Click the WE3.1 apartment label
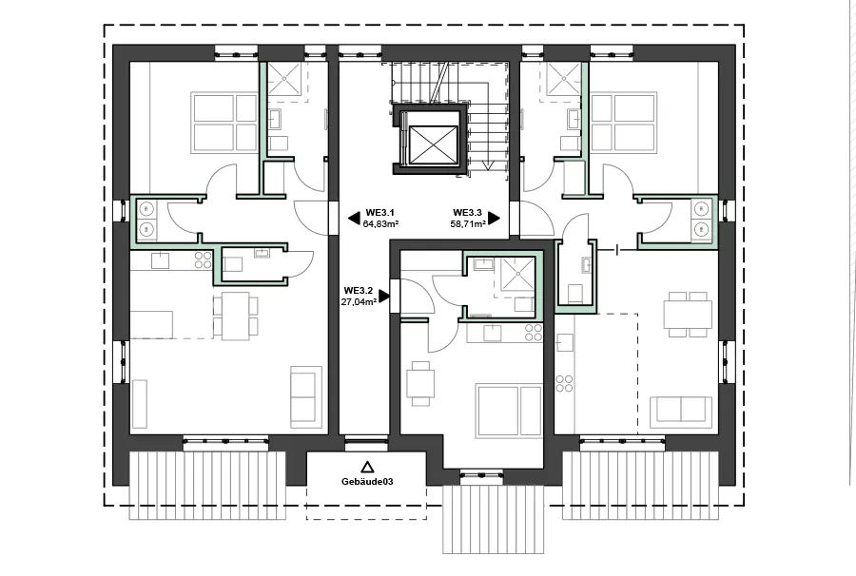[380, 213]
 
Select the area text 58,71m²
[468, 224]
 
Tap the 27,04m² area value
[359, 301]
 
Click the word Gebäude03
[367, 482]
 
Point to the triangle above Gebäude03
[366, 467]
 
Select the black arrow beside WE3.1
[353, 220]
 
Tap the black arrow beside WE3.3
[495, 219]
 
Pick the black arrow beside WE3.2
[383, 296]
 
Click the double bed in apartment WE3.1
[225, 122]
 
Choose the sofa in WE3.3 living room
[680, 411]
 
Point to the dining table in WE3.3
[688, 314]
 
